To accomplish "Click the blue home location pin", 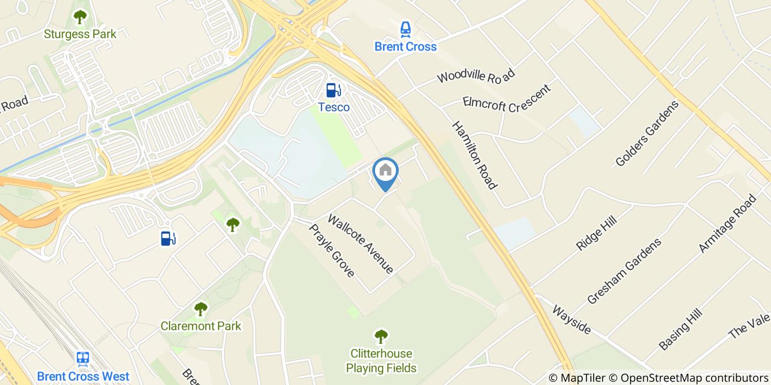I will coord(385,172).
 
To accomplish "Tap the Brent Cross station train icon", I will coord(405,29).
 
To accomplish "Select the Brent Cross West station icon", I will coord(83,360).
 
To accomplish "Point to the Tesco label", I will coord(334,107).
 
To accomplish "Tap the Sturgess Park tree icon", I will coord(80,16).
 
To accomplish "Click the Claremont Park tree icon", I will coord(201,309).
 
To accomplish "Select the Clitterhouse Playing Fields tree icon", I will coord(381,335).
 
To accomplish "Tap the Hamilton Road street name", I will coord(474,155).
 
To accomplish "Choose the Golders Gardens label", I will coord(647,133).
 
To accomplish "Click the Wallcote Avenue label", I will coord(361,244).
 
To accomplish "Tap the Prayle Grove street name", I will coord(331,250).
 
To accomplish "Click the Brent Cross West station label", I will coord(83,377).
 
